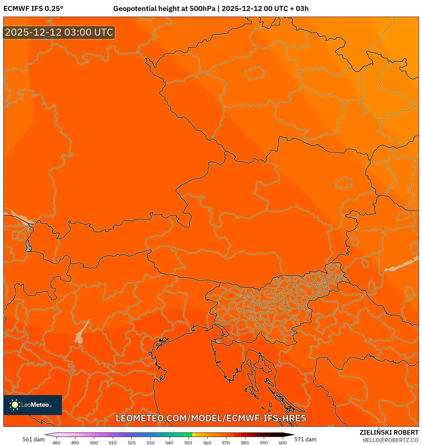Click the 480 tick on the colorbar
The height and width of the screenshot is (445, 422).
click(56, 443)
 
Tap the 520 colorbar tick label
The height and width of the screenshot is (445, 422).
click(132, 443)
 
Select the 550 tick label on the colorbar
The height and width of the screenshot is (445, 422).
click(188, 443)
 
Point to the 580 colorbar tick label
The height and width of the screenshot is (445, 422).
click(245, 443)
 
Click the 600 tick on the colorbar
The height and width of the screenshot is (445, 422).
click(282, 443)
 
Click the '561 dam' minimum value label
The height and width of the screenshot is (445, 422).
click(33, 439)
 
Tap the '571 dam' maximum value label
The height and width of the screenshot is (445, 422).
click(305, 439)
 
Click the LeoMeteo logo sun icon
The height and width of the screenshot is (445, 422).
click(15, 405)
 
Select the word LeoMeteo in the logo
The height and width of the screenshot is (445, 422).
click(35, 405)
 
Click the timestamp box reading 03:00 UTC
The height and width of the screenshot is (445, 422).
click(59, 32)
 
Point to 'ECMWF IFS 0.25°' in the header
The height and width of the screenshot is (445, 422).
click(33, 9)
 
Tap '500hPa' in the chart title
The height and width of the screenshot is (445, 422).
click(203, 9)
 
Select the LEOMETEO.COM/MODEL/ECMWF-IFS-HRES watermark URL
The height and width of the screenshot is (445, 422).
click(211, 418)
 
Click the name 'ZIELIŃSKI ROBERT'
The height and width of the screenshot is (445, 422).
click(389, 432)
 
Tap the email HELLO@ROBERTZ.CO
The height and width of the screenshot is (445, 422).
click(390, 440)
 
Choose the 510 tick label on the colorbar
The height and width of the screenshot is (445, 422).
click(113, 443)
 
